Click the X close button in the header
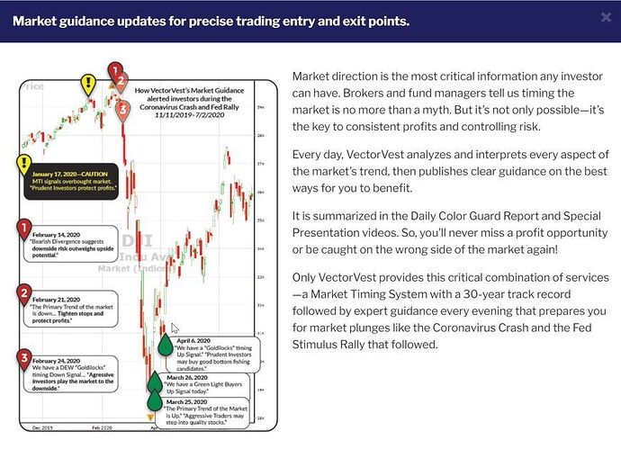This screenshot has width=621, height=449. [605, 17]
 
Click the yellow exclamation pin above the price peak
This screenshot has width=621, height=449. [86, 85]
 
